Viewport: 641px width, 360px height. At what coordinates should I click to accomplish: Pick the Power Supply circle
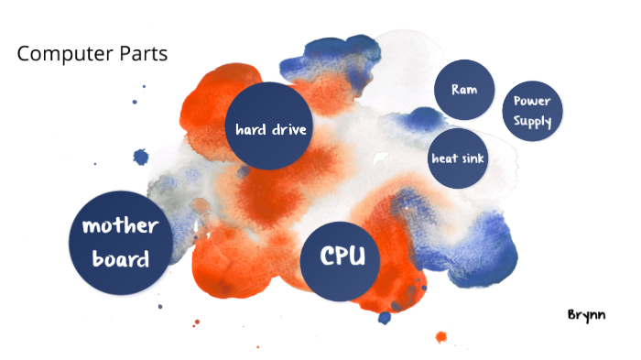[532, 112]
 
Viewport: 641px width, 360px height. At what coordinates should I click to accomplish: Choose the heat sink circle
[458, 158]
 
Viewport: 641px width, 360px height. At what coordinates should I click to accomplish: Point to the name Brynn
[587, 313]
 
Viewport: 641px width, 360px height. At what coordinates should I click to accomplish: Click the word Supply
[532, 122]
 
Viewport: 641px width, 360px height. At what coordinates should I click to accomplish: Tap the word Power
[532, 102]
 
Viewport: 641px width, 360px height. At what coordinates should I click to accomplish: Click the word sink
[473, 158]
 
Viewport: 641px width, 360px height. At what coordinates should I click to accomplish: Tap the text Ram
[464, 90]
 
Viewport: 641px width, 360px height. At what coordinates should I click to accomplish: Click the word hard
[248, 129]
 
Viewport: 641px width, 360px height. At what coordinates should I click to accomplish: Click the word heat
[444, 158]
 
